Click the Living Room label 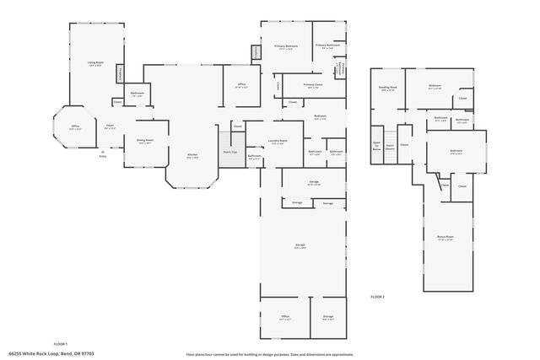pyautogui.click(x=95, y=63)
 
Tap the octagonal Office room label pyautogui.click(x=74, y=127)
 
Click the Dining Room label pyautogui.click(x=145, y=142)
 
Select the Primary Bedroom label pyautogui.click(x=285, y=47)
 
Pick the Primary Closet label pyautogui.click(x=312, y=85)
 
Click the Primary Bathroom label pyautogui.click(x=327, y=46)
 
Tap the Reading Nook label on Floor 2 pyautogui.click(x=388, y=88)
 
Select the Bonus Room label pyautogui.click(x=445, y=239)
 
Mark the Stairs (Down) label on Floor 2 pyautogui.click(x=390, y=145)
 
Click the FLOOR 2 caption pyautogui.click(x=378, y=297)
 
